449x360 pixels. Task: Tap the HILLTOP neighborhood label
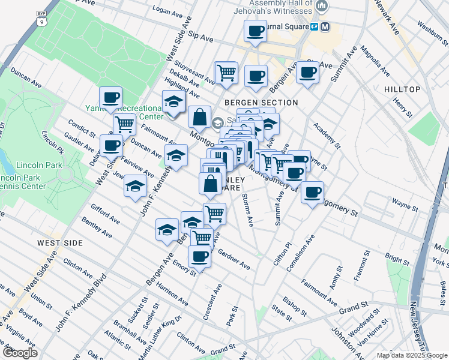tap(402, 89)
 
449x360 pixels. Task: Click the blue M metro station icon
tap(325, 27)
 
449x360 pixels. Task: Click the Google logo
tap(20, 353)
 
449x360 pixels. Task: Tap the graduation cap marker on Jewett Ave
tap(136, 185)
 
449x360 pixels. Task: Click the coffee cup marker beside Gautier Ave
tap(112, 145)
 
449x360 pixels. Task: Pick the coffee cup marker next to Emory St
tap(199, 256)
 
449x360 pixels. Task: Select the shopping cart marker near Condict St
tap(124, 124)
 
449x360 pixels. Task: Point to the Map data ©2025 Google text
tap(411, 355)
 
